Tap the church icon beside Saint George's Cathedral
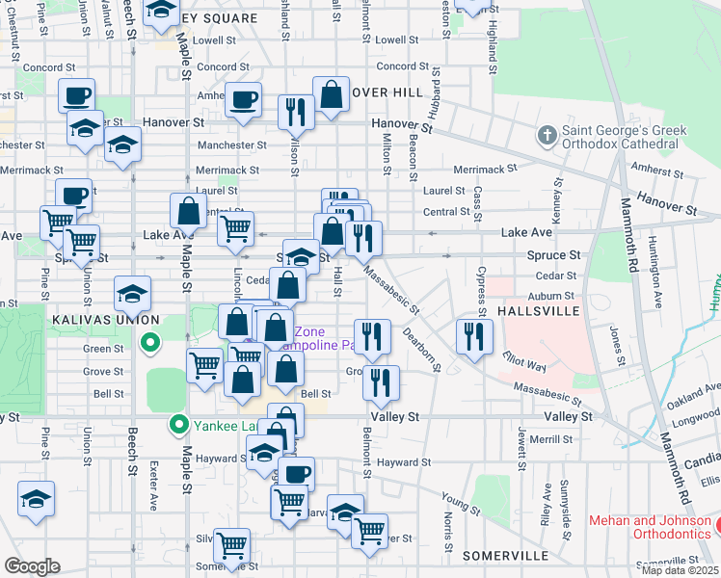[x=547, y=136]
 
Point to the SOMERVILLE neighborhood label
[x=505, y=556]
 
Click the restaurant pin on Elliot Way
[x=474, y=336]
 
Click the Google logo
[x=32, y=565]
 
